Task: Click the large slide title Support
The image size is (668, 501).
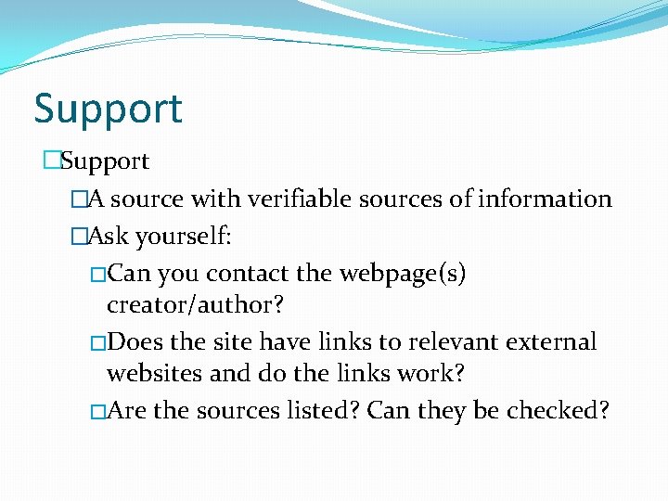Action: tap(109, 109)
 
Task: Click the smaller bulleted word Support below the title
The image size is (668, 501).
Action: tap(105, 161)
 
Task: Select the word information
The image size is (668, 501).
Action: tap(545, 199)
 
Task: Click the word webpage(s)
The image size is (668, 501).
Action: tap(404, 275)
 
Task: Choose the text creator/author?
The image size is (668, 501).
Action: tap(194, 304)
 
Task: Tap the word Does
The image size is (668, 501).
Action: tap(136, 342)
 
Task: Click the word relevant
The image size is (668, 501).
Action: tap(453, 342)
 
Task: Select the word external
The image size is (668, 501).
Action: tap(551, 342)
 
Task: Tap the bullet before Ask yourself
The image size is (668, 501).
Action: tap(79, 237)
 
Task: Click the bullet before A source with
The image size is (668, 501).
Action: tap(79, 199)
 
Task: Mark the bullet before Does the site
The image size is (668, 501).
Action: tap(98, 343)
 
